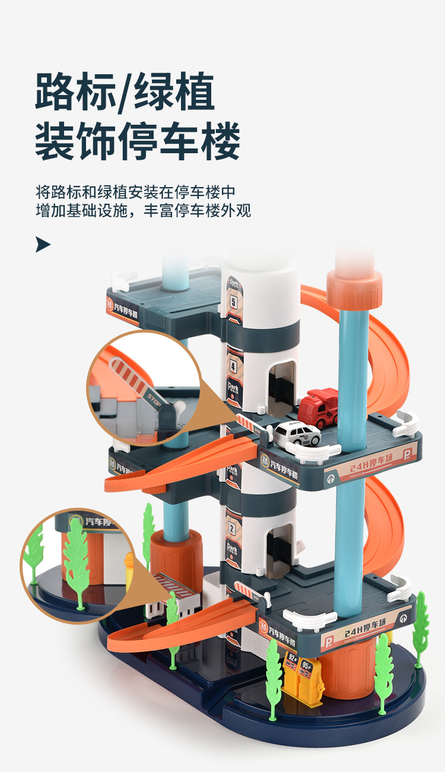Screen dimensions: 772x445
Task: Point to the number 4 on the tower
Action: click(233, 367)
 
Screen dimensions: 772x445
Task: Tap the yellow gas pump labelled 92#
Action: click(293, 673)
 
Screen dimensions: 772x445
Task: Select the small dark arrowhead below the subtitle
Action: click(43, 244)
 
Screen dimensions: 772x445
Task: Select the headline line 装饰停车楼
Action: click(138, 143)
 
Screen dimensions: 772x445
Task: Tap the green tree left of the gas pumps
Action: click(274, 677)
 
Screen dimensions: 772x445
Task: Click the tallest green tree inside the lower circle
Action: click(76, 561)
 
